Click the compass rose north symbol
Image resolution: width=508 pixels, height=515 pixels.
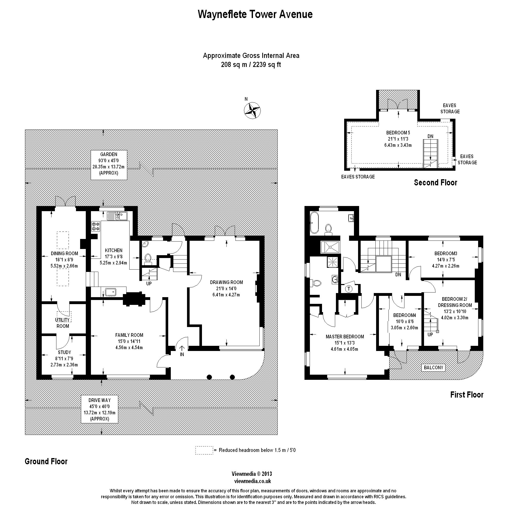tap(252, 110)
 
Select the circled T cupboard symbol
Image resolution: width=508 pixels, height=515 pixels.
tap(349, 289)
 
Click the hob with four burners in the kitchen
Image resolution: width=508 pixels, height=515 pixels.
tap(96, 226)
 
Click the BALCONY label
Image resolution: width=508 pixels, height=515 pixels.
tap(433, 368)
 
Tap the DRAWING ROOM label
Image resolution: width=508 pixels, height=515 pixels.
tap(226, 282)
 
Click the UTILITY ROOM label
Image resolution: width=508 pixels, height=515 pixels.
tap(63, 323)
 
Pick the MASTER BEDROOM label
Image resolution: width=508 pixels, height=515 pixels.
tap(345, 337)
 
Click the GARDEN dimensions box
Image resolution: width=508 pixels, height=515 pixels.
tap(109, 165)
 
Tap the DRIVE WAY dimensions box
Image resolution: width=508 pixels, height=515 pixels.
tap(99, 409)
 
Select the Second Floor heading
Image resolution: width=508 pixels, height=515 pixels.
tap(435, 183)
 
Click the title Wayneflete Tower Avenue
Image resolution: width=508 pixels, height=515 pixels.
tap(255, 14)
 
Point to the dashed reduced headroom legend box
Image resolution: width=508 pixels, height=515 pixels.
tap(204, 450)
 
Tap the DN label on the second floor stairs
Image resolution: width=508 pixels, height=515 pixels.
tap(430, 136)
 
